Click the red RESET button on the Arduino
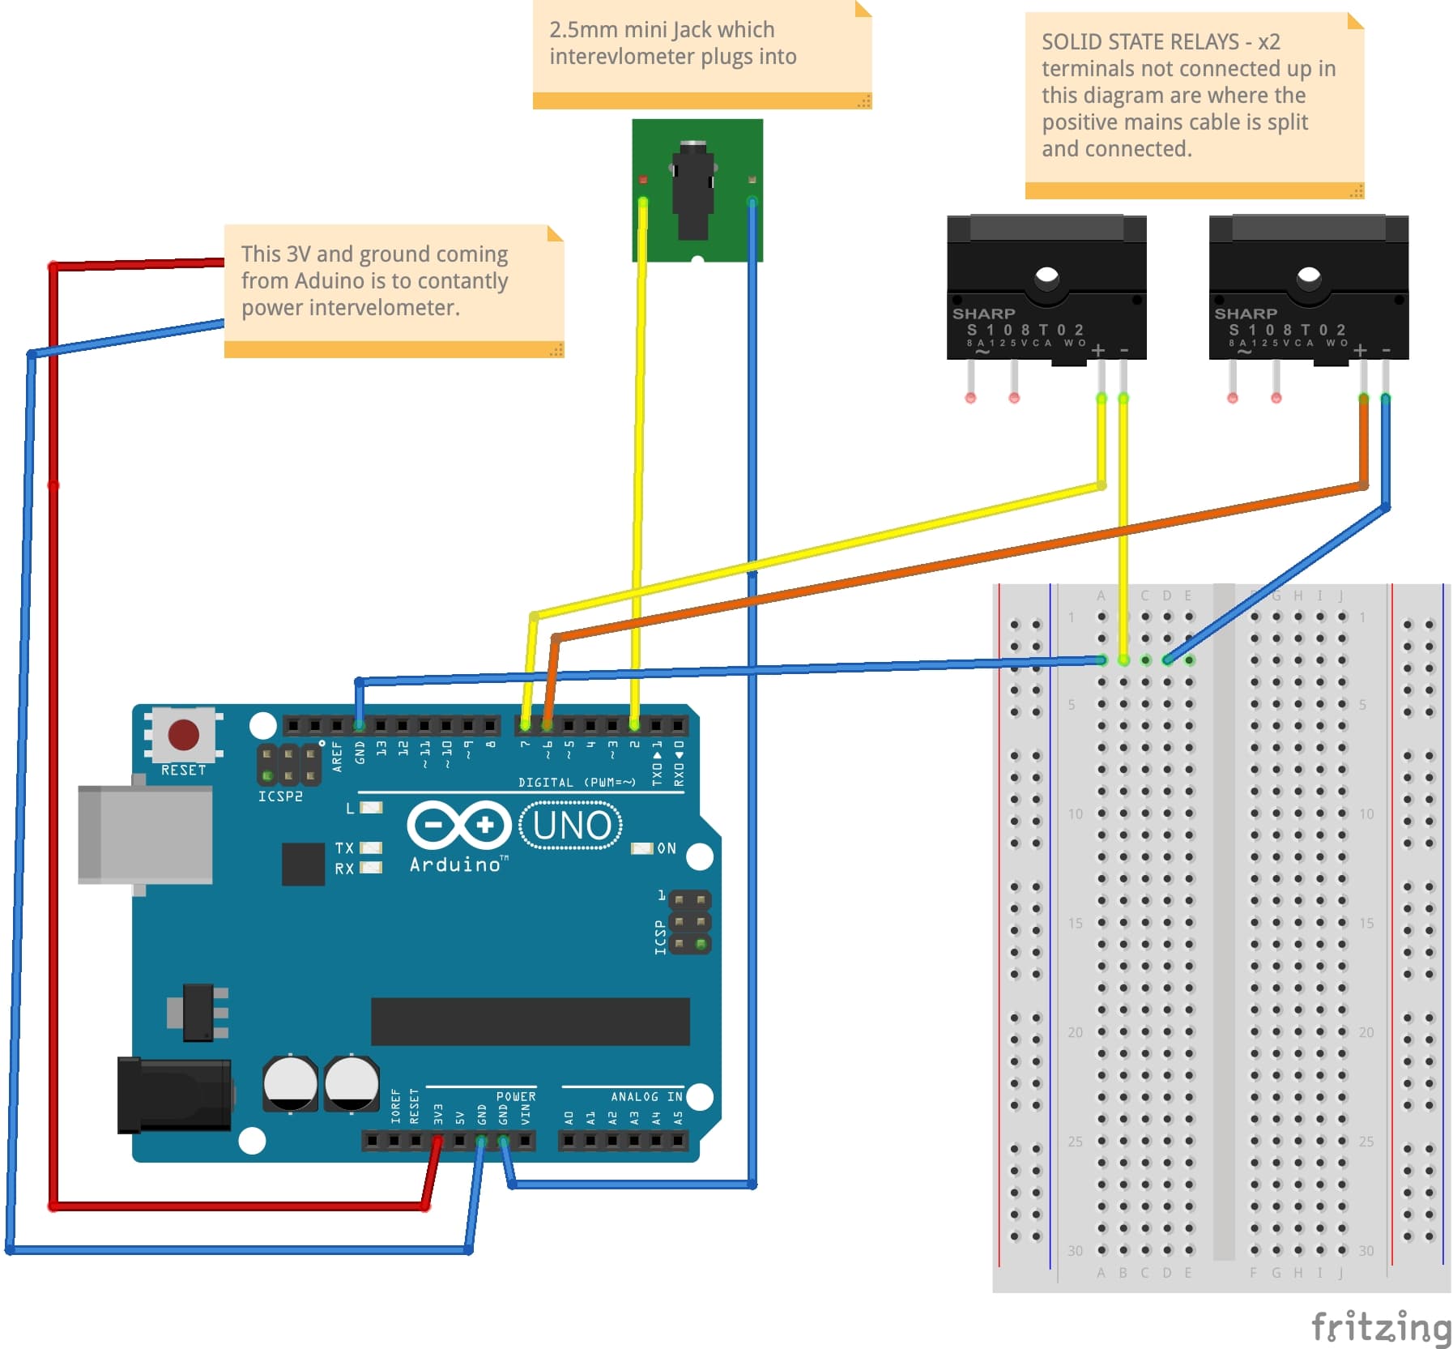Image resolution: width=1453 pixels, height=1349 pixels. (x=183, y=735)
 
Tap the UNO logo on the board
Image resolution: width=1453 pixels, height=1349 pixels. (x=571, y=826)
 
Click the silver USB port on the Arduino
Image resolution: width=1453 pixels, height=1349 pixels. (x=146, y=835)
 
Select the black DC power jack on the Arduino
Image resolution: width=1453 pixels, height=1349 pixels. (x=174, y=1095)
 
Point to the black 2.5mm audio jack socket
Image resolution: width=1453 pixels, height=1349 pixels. (x=693, y=190)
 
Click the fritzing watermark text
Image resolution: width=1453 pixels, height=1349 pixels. (x=1380, y=1326)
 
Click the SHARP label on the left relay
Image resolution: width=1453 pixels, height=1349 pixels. (x=983, y=314)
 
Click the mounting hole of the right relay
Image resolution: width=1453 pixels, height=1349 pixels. (x=1308, y=277)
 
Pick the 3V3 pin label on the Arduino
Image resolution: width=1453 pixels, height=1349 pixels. (x=438, y=1113)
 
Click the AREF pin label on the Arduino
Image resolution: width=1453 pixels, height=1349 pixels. (x=338, y=755)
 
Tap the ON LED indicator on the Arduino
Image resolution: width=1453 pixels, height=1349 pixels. (x=641, y=848)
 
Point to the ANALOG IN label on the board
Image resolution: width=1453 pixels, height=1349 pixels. (x=646, y=1096)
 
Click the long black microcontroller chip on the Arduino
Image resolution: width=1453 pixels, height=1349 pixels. (x=530, y=1021)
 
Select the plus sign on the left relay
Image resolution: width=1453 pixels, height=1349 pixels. (x=1097, y=350)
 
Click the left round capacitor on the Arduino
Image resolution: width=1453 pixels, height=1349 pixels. (x=290, y=1082)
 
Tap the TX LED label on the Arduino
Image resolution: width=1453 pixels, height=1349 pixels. (x=344, y=847)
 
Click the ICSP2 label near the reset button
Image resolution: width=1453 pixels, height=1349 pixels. (x=280, y=796)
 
